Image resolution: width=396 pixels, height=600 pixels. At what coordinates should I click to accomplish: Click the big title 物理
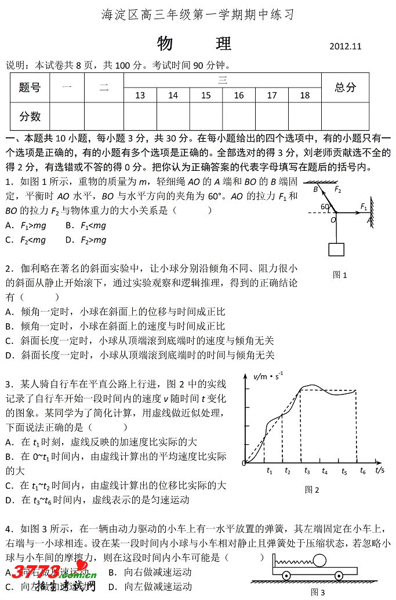pos(194,43)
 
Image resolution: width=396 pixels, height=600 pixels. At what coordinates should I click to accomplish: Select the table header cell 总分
pos(345,87)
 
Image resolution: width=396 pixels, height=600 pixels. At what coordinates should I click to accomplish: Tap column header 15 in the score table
pos(206,96)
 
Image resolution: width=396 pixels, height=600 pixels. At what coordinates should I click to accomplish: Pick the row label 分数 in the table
pos(30,116)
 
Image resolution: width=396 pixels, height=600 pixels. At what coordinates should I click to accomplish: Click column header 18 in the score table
pos(305,96)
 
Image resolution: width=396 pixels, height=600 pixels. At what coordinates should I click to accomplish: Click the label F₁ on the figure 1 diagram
pos(364,206)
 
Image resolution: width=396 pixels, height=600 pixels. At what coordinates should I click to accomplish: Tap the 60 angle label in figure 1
pos(325,207)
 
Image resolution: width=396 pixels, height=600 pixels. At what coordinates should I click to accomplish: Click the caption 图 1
pos(340,275)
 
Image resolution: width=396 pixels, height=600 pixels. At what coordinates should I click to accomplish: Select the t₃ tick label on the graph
pos(307,471)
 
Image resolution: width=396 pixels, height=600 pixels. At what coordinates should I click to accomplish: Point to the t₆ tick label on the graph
pos(362,471)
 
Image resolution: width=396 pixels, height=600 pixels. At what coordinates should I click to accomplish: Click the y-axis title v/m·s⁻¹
pos(268,376)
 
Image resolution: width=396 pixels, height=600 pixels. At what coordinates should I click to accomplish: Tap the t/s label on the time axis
pos(380,469)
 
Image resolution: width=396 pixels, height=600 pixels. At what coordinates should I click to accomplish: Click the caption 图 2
pos(312,490)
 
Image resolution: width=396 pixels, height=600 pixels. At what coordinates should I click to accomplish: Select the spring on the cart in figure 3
pos(292,561)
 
